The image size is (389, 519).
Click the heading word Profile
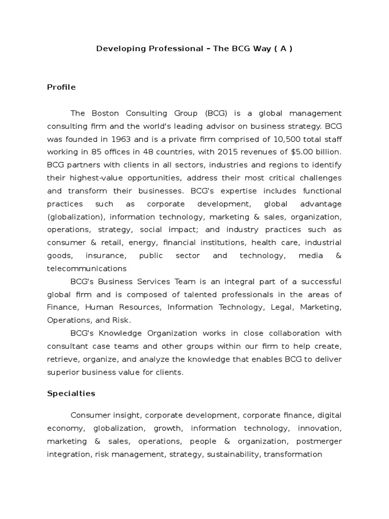point(61,87)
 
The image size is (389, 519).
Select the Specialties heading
point(71,393)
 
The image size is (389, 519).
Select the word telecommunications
point(87,268)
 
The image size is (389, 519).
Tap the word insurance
point(105,255)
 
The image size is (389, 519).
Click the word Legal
point(281,307)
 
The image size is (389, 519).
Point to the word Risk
point(122,320)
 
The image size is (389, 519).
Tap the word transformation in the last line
point(293,454)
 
